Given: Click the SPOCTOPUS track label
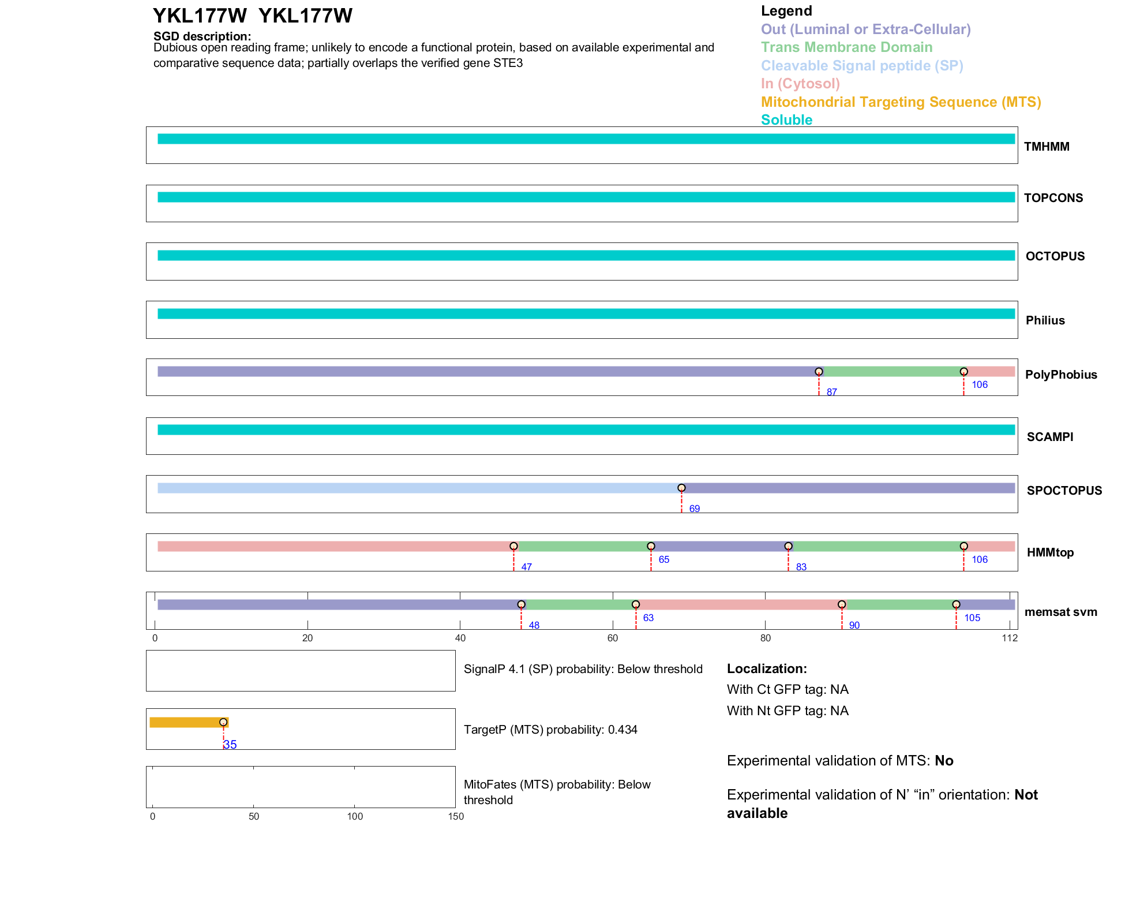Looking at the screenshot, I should tap(1064, 491).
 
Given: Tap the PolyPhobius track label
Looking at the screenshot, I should tap(1061, 375).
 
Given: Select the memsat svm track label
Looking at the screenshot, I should tap(1060, 612).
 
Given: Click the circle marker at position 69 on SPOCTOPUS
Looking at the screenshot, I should tap(681, 488).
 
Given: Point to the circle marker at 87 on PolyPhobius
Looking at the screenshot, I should tap(819, 372).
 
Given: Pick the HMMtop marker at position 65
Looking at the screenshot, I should tap(651, 546).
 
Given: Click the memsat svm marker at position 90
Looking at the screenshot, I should tap(842, 604).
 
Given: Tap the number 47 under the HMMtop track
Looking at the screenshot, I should tap(526, 567).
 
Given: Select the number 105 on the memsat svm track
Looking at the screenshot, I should tap(972, 618).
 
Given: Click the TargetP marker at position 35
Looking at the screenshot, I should tap(223, 722).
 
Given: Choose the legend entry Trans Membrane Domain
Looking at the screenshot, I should tap(846, 47).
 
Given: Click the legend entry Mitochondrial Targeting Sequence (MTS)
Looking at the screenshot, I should tap(901, 102).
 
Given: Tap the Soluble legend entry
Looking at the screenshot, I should tap(786, 120).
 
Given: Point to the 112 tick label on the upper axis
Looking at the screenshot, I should tap(1010, 638).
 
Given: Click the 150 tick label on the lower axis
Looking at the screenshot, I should tap(456, 816).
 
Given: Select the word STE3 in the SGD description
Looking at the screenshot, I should tap(508, 63).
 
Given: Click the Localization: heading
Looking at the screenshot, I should tap(767, 668).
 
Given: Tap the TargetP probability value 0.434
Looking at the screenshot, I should tap(622, 730).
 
